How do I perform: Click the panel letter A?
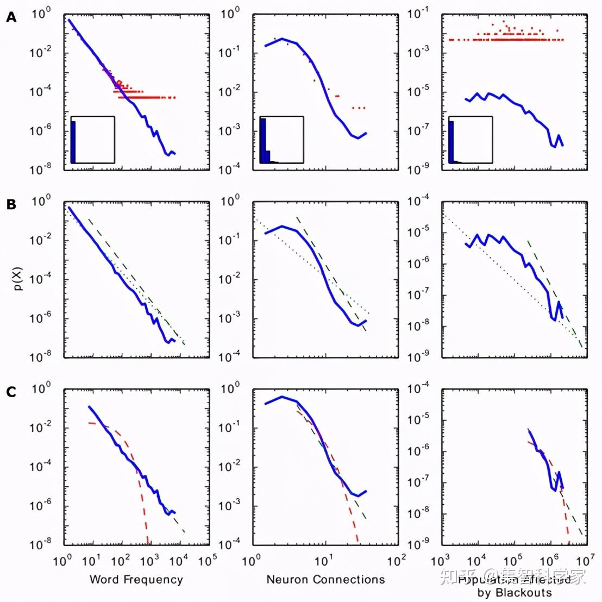[x=11, y=17]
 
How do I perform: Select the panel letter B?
[x=11, y=205]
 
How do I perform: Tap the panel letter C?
[x=11, y=392]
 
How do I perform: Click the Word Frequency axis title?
[x=136, y=579]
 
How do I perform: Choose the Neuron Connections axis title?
[x=325, y=579]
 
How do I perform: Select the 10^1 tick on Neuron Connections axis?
[x=324, y=560]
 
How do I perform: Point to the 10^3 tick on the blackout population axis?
[x=441, y=560]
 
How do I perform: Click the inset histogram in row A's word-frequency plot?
[x=92, y=140]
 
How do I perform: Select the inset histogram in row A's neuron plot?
[x=281, y=140]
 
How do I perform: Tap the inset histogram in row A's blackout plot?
[x=471, y=140]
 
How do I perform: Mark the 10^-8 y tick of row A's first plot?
[x=40, y=170]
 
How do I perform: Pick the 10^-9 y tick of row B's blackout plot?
[x=419, y=358]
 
